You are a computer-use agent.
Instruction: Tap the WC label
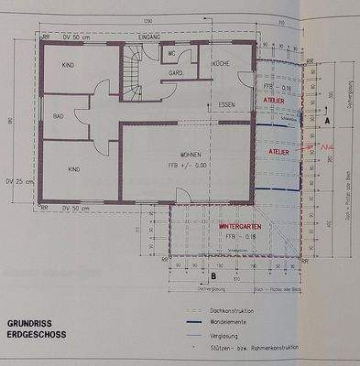click(170, 54)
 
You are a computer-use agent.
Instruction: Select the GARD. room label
click(180, 71)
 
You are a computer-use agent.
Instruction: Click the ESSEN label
click(228, 105)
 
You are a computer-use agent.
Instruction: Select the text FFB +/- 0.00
click(191, 164)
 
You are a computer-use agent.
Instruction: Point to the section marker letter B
click(213, 275)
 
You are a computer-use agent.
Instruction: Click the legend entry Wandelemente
click(242, 321)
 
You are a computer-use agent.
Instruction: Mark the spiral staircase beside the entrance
click(132, 85)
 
